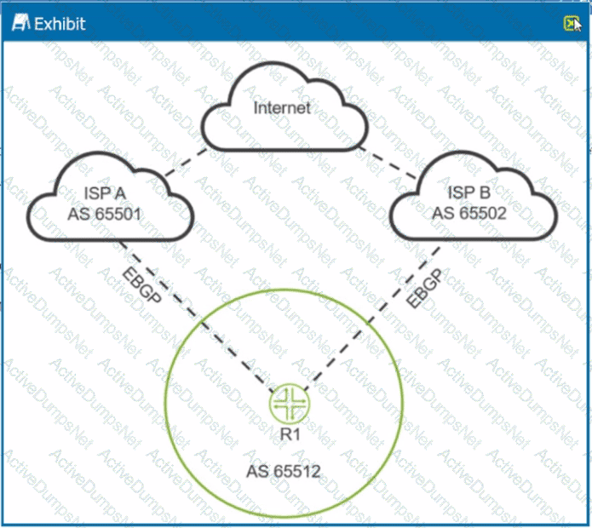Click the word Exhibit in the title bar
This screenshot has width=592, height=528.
[x=60, y=23]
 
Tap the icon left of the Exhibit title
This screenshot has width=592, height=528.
[x=21, y=23]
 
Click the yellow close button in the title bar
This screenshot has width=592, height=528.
[x=570, y=23]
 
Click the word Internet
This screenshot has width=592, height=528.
[x=282, y=108]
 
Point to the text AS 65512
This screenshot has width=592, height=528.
[x=284, y=470]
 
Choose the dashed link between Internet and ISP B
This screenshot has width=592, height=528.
[x=388, y=164]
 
